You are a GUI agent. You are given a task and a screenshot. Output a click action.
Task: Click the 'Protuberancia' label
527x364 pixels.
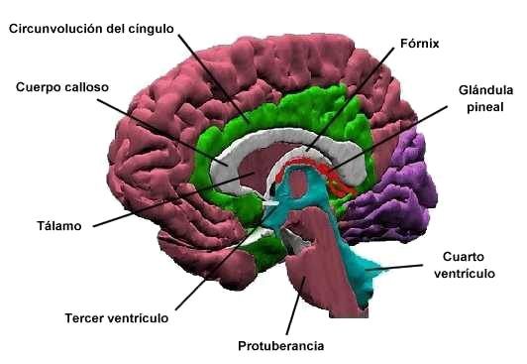click(x=281, y=346)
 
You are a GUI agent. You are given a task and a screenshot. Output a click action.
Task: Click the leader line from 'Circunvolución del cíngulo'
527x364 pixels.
click(x=213, y=74)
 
